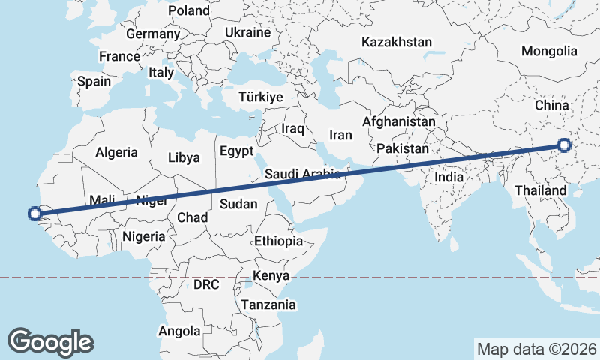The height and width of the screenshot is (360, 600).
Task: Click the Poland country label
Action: tap(189, 10)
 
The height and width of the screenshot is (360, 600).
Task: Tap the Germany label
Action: tap(153, 34)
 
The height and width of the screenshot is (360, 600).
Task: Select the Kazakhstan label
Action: tap(396, 42)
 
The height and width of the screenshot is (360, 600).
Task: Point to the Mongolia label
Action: tap(550, 51)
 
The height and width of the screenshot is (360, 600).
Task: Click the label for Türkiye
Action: tap(260, 97)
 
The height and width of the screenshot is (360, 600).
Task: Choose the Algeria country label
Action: tap(116, 152)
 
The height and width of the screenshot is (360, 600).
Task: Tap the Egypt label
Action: tap(236, 151)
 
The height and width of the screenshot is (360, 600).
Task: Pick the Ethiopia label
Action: tap(278, 241)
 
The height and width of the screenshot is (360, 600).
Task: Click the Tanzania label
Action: tap(268, 304)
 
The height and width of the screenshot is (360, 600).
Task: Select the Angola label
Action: tap(180, 331)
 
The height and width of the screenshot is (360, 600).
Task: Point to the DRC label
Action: tap(206, 285)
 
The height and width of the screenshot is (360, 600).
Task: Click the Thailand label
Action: tap(541, 191)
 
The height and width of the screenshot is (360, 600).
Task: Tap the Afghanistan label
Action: tap(398, 121)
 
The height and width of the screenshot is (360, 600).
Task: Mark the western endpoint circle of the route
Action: tap(34, 214)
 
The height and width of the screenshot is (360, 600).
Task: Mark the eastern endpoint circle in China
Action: tap(564, 145)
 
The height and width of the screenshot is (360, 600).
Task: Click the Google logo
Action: tap(50, 341)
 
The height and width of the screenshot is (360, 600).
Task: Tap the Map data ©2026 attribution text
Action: tap(537, 349)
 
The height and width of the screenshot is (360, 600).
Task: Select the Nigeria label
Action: tap(142, 236)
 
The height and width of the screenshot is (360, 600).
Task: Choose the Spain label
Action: tap(94, 81)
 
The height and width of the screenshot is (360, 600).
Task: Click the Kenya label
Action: tap(271, 275)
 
